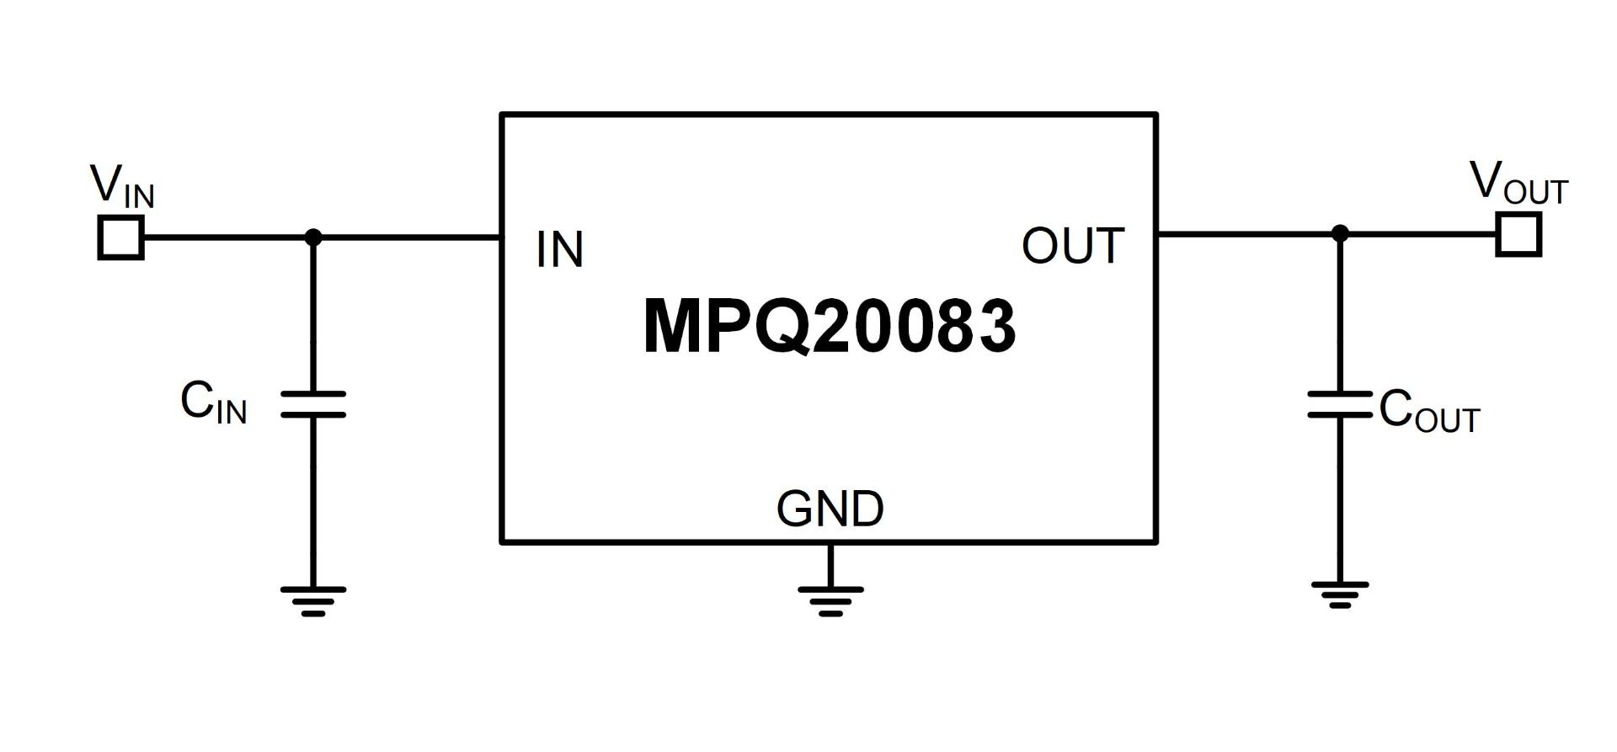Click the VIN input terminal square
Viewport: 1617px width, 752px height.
click(x=121, y=237)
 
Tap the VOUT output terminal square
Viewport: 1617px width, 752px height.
click(x=1518, y=234)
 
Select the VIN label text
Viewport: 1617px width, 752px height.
click(x=122, y=186)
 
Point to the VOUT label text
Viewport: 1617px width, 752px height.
click(x=1518, y=183)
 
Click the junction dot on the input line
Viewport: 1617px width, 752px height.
click(x=313, y=237)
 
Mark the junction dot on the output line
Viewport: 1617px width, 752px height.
click(x=1340, y=233)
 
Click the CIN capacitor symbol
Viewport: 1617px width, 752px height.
click(x=313, y=404)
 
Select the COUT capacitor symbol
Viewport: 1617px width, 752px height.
click(x=1340, y=404)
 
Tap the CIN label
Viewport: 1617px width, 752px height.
click(x=213, y=403)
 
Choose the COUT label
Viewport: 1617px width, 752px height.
click(x=1428, y=411)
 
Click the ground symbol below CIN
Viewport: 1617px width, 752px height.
click(x=313, y=600)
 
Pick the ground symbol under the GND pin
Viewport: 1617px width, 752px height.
click(x=830, y=600)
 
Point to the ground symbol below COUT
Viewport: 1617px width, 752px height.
click(x=1340, y=594)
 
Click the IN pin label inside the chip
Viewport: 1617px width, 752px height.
click(x=559, y=250)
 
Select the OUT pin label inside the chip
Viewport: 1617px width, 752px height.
click(x=1072, y=246)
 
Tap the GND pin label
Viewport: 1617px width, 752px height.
click(x=830, y=509)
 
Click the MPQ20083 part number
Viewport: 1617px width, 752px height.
click(x=830, y=327)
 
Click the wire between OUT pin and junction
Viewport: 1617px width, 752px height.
click(x=1246, y=233)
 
